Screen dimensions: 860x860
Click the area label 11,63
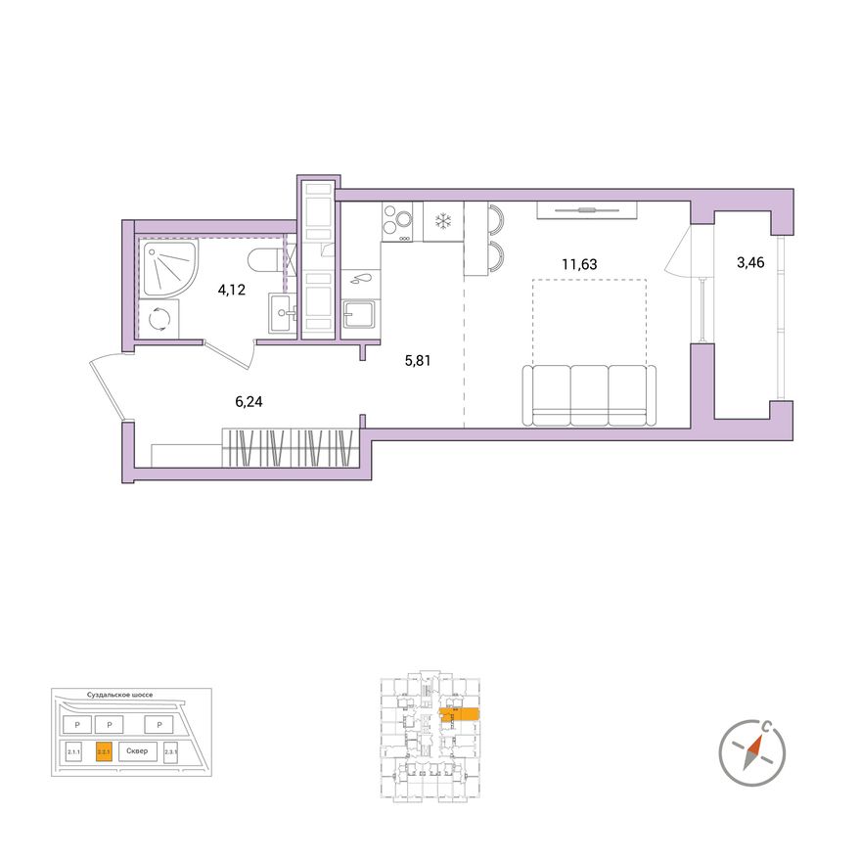coord(579,263)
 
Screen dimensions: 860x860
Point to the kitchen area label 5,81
coord(418,360)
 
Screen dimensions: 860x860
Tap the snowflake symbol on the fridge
coord(442,222)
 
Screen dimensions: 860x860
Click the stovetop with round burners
coord(397,221)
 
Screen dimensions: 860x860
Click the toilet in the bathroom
coord(265,261)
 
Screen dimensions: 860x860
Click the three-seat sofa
coord(588,394)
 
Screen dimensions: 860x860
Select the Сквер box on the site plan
coord(137,751)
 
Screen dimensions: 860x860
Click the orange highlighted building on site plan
coord(104,751)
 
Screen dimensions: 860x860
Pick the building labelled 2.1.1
coord(73,751)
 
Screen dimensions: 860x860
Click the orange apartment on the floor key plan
coord(459,715)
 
